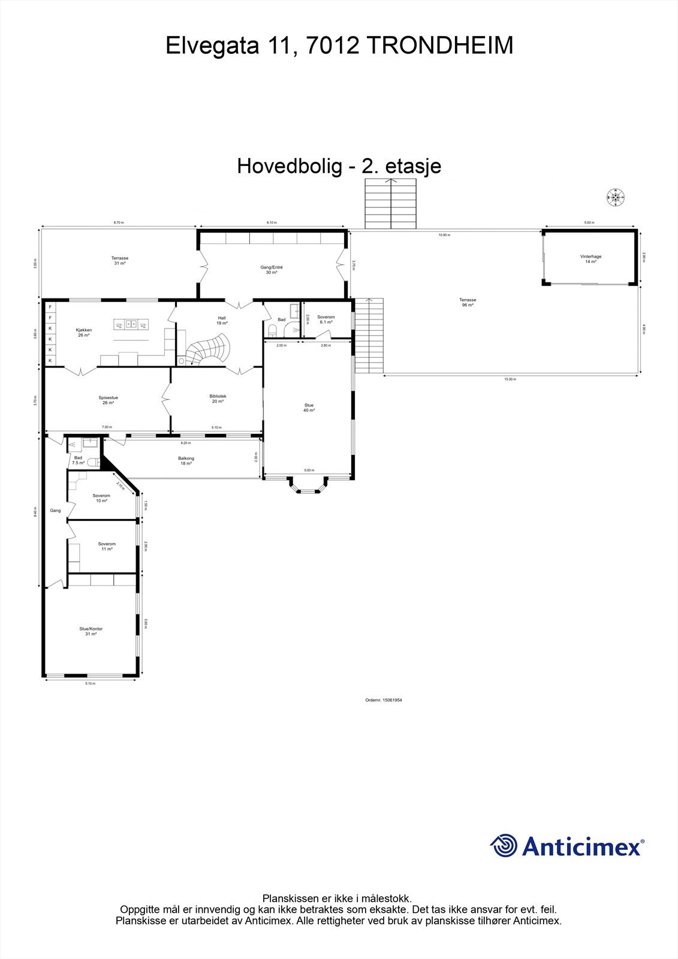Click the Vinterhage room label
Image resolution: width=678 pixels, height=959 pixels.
point(590,259)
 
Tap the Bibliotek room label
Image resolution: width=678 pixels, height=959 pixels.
point(218,399)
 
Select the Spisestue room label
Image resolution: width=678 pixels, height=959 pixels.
point(108,400)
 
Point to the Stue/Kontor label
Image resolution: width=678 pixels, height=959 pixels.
point(91,631)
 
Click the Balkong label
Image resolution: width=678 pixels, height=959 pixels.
point(186,461)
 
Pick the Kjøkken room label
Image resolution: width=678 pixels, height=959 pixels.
point(83,332)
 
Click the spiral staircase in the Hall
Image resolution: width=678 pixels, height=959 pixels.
point(208,349)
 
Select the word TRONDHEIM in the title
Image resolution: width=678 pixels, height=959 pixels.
point(439,46)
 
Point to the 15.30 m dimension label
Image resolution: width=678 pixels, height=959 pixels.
point(510,379)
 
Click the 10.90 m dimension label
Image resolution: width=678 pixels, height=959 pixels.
point(444,235)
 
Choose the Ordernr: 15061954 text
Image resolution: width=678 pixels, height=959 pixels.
point(383,699)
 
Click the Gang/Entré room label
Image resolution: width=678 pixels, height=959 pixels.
point(271,270)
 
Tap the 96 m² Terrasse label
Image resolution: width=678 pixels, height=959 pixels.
point(468,302)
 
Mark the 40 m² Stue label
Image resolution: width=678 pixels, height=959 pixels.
point(309,408)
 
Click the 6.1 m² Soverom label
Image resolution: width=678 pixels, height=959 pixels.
point(326,319)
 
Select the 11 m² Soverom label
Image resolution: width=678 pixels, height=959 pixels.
point(107,546)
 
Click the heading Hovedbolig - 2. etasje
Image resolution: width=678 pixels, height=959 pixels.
point(339,166)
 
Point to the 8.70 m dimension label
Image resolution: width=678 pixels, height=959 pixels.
point(119,222)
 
